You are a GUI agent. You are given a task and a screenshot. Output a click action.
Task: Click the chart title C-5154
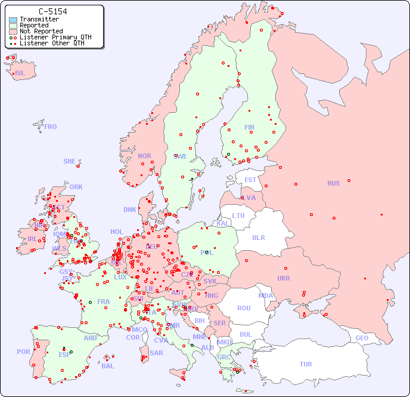52,11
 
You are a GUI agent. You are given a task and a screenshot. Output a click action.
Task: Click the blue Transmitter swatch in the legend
13,20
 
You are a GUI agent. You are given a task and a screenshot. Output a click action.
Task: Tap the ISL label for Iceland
20,73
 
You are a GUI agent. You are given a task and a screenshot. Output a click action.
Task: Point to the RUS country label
333,183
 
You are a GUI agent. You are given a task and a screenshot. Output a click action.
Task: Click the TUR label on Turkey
306,364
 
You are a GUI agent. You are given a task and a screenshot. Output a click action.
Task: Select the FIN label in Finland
249,127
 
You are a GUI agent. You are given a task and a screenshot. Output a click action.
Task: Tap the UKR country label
284,278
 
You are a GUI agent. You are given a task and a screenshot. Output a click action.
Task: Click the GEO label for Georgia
362,338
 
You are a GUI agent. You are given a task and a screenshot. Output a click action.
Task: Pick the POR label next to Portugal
23,352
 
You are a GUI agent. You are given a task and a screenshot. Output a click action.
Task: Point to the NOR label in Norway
144,156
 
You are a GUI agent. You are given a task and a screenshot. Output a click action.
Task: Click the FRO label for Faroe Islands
51,127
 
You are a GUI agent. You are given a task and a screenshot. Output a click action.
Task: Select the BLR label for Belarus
259,237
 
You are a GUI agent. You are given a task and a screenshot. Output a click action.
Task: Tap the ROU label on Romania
244,308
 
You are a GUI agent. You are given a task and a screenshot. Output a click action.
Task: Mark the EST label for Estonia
250,180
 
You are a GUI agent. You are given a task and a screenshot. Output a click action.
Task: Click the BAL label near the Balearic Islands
107,366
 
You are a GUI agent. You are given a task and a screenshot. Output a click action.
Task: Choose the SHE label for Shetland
70,161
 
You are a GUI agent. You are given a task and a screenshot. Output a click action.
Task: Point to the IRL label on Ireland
32,238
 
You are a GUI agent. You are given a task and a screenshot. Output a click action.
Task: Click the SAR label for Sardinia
157,353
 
